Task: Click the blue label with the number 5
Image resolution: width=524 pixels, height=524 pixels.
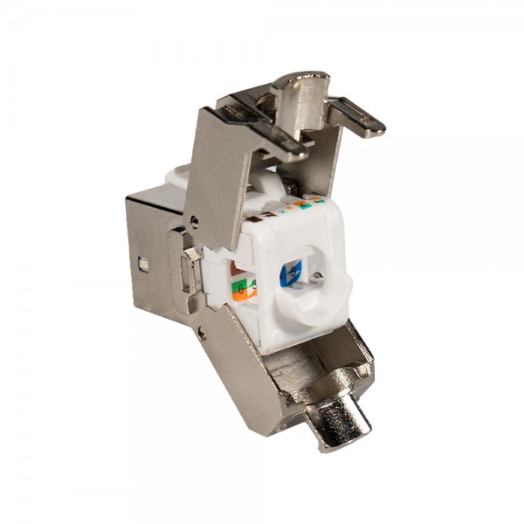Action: [x=286, y=274]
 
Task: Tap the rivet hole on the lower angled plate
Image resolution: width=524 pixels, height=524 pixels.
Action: [x=202, y=332]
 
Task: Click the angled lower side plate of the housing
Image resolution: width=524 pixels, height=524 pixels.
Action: [x=236, y=376]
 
